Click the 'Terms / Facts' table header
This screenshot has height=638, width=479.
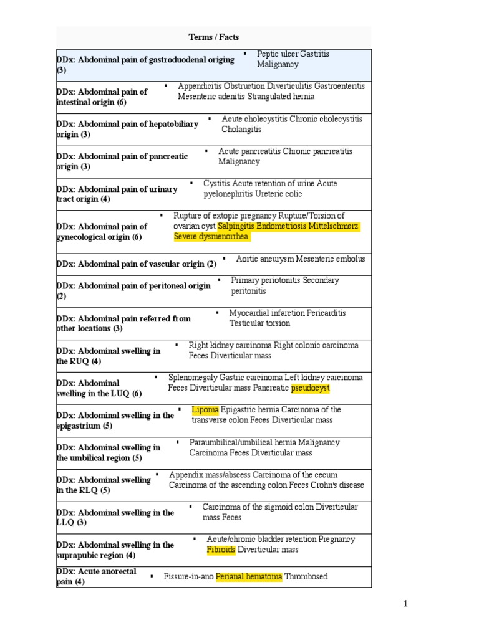[214, 37]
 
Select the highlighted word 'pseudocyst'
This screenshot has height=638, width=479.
[311, 388]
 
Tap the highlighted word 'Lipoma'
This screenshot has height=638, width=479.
[205, 410]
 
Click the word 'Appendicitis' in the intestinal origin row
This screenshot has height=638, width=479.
[200, 86]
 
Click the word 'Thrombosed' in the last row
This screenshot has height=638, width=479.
[306, 577]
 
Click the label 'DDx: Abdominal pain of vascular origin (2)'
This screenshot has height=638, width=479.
[137, 264]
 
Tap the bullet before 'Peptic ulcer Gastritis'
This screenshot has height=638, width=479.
[244, 54]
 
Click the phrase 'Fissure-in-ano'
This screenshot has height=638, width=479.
[189, 577]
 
